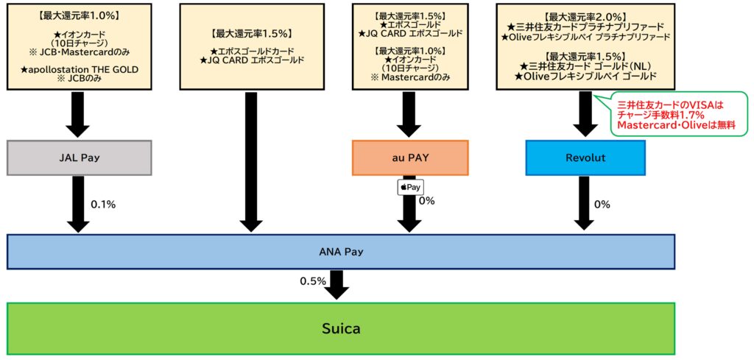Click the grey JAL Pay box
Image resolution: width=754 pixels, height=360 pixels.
(79, 158)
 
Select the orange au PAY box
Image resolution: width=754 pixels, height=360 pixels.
(410, 158)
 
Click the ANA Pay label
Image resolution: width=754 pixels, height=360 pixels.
(340, 252)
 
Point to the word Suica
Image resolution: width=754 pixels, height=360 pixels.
(340, 328)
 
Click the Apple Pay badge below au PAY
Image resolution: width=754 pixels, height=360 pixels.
(410, 187)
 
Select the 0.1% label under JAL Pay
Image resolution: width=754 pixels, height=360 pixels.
(102, 205)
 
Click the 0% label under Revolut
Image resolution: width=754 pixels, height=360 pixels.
(602, 205)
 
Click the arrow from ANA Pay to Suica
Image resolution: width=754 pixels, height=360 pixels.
(337, 284)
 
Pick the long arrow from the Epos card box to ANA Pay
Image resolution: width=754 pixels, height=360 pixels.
(251, 162)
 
